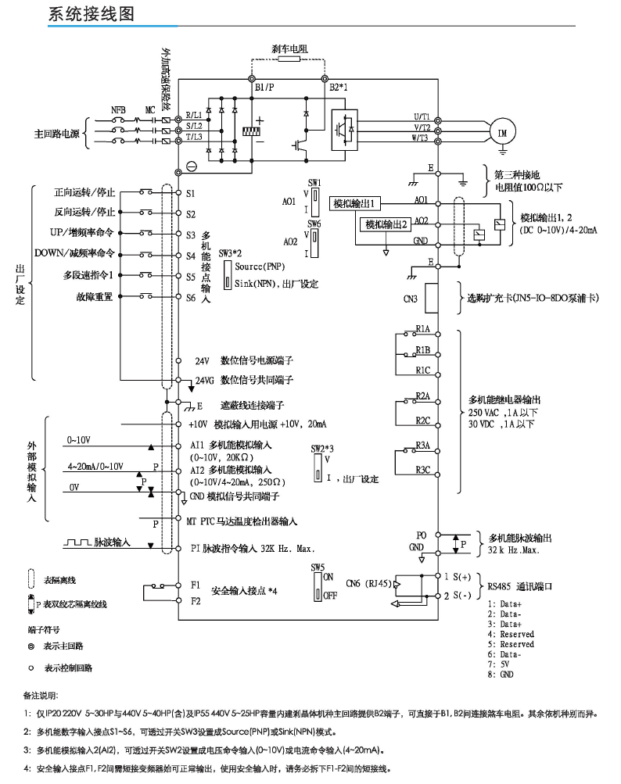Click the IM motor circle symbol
[x=502, y=134]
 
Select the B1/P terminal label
[x=264, y=86]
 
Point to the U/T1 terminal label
[x=422, y=116]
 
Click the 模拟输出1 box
[x=357, y=203]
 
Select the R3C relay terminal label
[x=423, y=469]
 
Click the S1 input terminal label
[x=191, y=192]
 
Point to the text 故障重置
[x=95, y=297]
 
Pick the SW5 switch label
[x=316, y=567]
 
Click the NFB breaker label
[x=118, y=110]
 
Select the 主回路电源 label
[x=56, y=133]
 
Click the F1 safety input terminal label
[x=195, y=584]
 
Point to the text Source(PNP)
[x=260, y=267]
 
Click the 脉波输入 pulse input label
[x=111, y=542]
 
